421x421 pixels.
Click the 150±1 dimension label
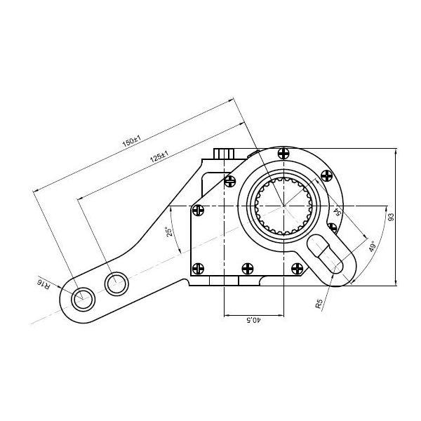tap(132, 141)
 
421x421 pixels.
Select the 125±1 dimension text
tap(159, 156)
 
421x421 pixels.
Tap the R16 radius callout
tap(44, 284)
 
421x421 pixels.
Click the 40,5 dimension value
tap(253, 320)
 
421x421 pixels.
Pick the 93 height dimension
tap(392, 217)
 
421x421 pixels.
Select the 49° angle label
tap(372, 246)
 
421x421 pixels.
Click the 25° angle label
tap(169, 232)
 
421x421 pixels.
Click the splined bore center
tap(283, 206)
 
